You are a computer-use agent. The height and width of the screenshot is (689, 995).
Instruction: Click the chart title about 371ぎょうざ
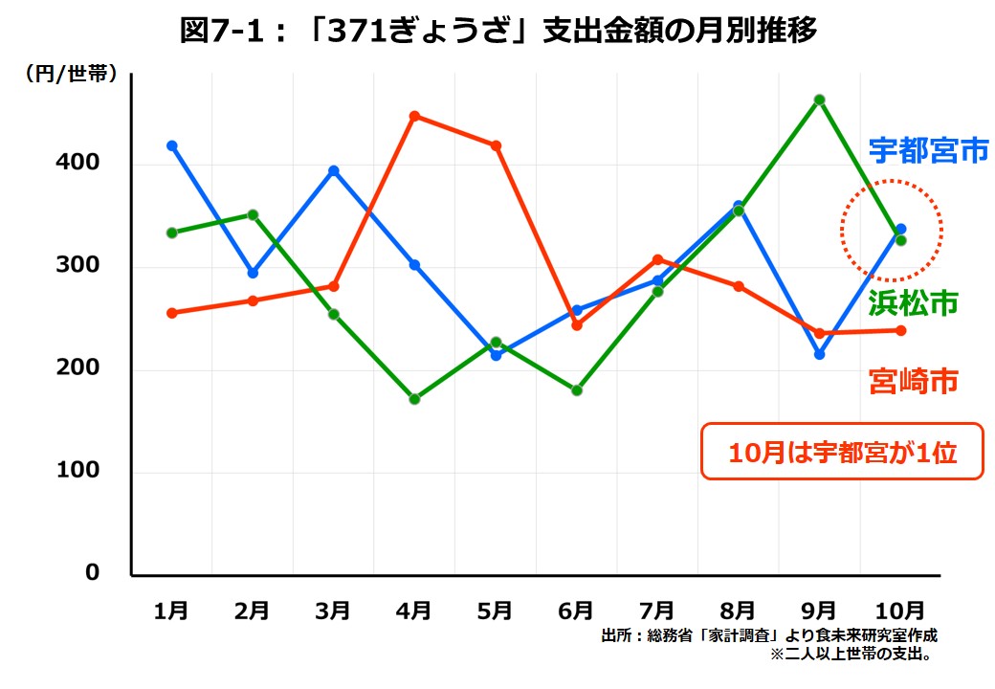[x=497, y=32]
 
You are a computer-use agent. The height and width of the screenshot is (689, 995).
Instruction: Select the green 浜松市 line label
[x=913, y=303]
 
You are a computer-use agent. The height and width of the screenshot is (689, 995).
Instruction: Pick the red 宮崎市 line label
[x=913, y=381]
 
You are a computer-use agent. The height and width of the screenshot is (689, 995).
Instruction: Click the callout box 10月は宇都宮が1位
[x=842, y=451]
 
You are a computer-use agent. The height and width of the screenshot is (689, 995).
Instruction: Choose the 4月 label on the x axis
[x=414, y=610]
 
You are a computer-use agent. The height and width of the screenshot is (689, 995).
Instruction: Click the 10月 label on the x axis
[x=899, y=610]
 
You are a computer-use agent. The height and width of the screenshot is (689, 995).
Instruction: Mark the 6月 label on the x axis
[x=576, y=610]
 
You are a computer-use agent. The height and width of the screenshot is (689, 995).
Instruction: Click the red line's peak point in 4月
[x=414, y=117]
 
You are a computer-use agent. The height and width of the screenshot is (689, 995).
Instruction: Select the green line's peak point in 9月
[x=820, y=100]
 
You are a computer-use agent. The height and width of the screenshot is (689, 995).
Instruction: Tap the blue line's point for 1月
[x=172, y=145]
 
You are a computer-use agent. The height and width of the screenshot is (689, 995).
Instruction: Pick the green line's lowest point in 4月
[x=414, y=399]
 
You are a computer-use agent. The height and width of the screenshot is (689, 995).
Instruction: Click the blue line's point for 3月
[x=334, y=171]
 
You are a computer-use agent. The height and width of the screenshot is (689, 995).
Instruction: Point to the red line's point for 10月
[x=900, y=331]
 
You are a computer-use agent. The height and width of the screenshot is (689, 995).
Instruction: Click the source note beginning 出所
[x=769, y=635]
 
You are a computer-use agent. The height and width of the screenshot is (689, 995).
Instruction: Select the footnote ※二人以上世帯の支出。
[x=851, y=656]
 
